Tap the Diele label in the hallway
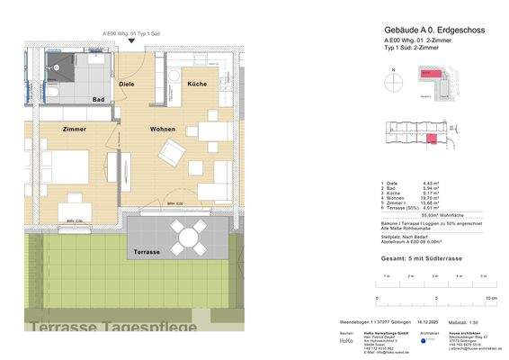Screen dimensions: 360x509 pos(126,83)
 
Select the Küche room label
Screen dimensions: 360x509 pos(197,83)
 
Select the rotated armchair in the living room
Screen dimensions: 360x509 pos(172,155)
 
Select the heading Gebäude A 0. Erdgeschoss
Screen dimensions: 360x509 pos(435,30)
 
